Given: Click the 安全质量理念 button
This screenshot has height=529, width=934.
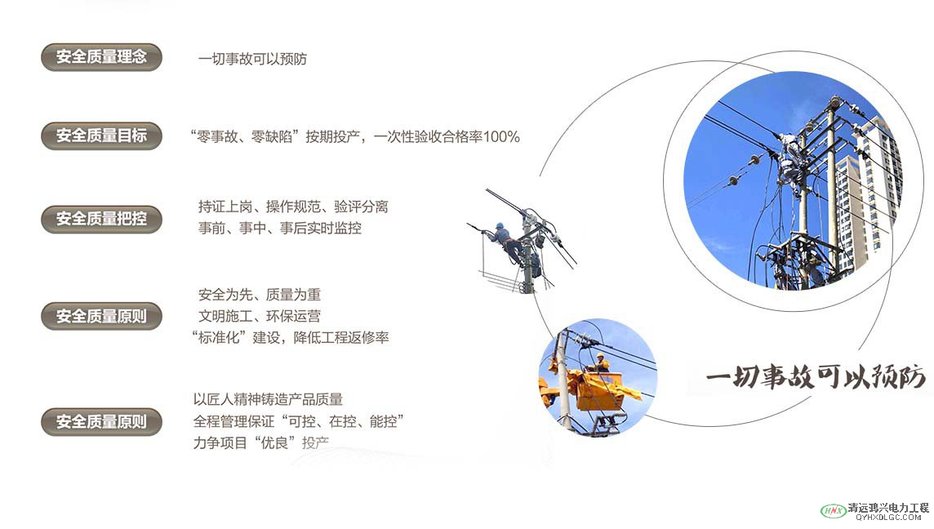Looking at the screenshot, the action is tap(101, 57).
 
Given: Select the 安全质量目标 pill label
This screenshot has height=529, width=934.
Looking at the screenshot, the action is tap(101, 136).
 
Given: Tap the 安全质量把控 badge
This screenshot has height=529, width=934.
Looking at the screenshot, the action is tap(101, 220).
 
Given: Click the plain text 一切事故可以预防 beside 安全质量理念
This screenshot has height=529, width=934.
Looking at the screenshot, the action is tap(252, 59).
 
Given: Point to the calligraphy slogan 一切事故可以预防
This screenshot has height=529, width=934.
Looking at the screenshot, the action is tap(816, 376).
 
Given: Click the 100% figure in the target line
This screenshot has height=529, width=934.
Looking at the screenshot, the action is tap(501, 137).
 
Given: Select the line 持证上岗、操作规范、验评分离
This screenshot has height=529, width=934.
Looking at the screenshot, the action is tap(293, 207).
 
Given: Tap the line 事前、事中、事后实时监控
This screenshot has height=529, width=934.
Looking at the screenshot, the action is tap(280, 228).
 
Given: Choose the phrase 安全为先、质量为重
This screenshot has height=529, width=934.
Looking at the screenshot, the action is tap(260, 294).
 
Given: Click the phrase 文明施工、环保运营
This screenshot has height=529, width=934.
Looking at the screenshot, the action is tap(260, 316).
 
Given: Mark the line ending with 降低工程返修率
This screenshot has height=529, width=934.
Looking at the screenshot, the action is tap(290, 338).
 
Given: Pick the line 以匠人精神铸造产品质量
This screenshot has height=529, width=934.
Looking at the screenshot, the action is tap(268, 399).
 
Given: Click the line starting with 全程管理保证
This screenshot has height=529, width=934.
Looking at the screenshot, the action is tap(299, 422).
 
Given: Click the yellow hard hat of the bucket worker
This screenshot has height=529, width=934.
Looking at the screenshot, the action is tap(600, 355).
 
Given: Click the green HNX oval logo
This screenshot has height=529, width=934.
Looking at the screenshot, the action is tap(834, 510).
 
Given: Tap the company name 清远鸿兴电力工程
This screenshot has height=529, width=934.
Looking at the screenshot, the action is tap(889, 508).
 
